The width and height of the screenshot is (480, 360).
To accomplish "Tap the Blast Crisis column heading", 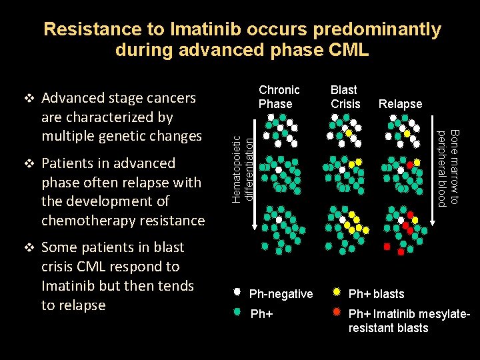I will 345,97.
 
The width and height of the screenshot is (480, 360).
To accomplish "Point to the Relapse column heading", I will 400,104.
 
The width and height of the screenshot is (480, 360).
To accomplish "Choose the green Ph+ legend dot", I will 237,311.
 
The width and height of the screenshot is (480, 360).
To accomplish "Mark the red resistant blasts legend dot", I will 337,311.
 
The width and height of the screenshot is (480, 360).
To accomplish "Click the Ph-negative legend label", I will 281,294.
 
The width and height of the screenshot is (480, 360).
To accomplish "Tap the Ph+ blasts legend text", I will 376,294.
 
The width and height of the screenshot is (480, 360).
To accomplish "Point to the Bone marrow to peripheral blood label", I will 447,168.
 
